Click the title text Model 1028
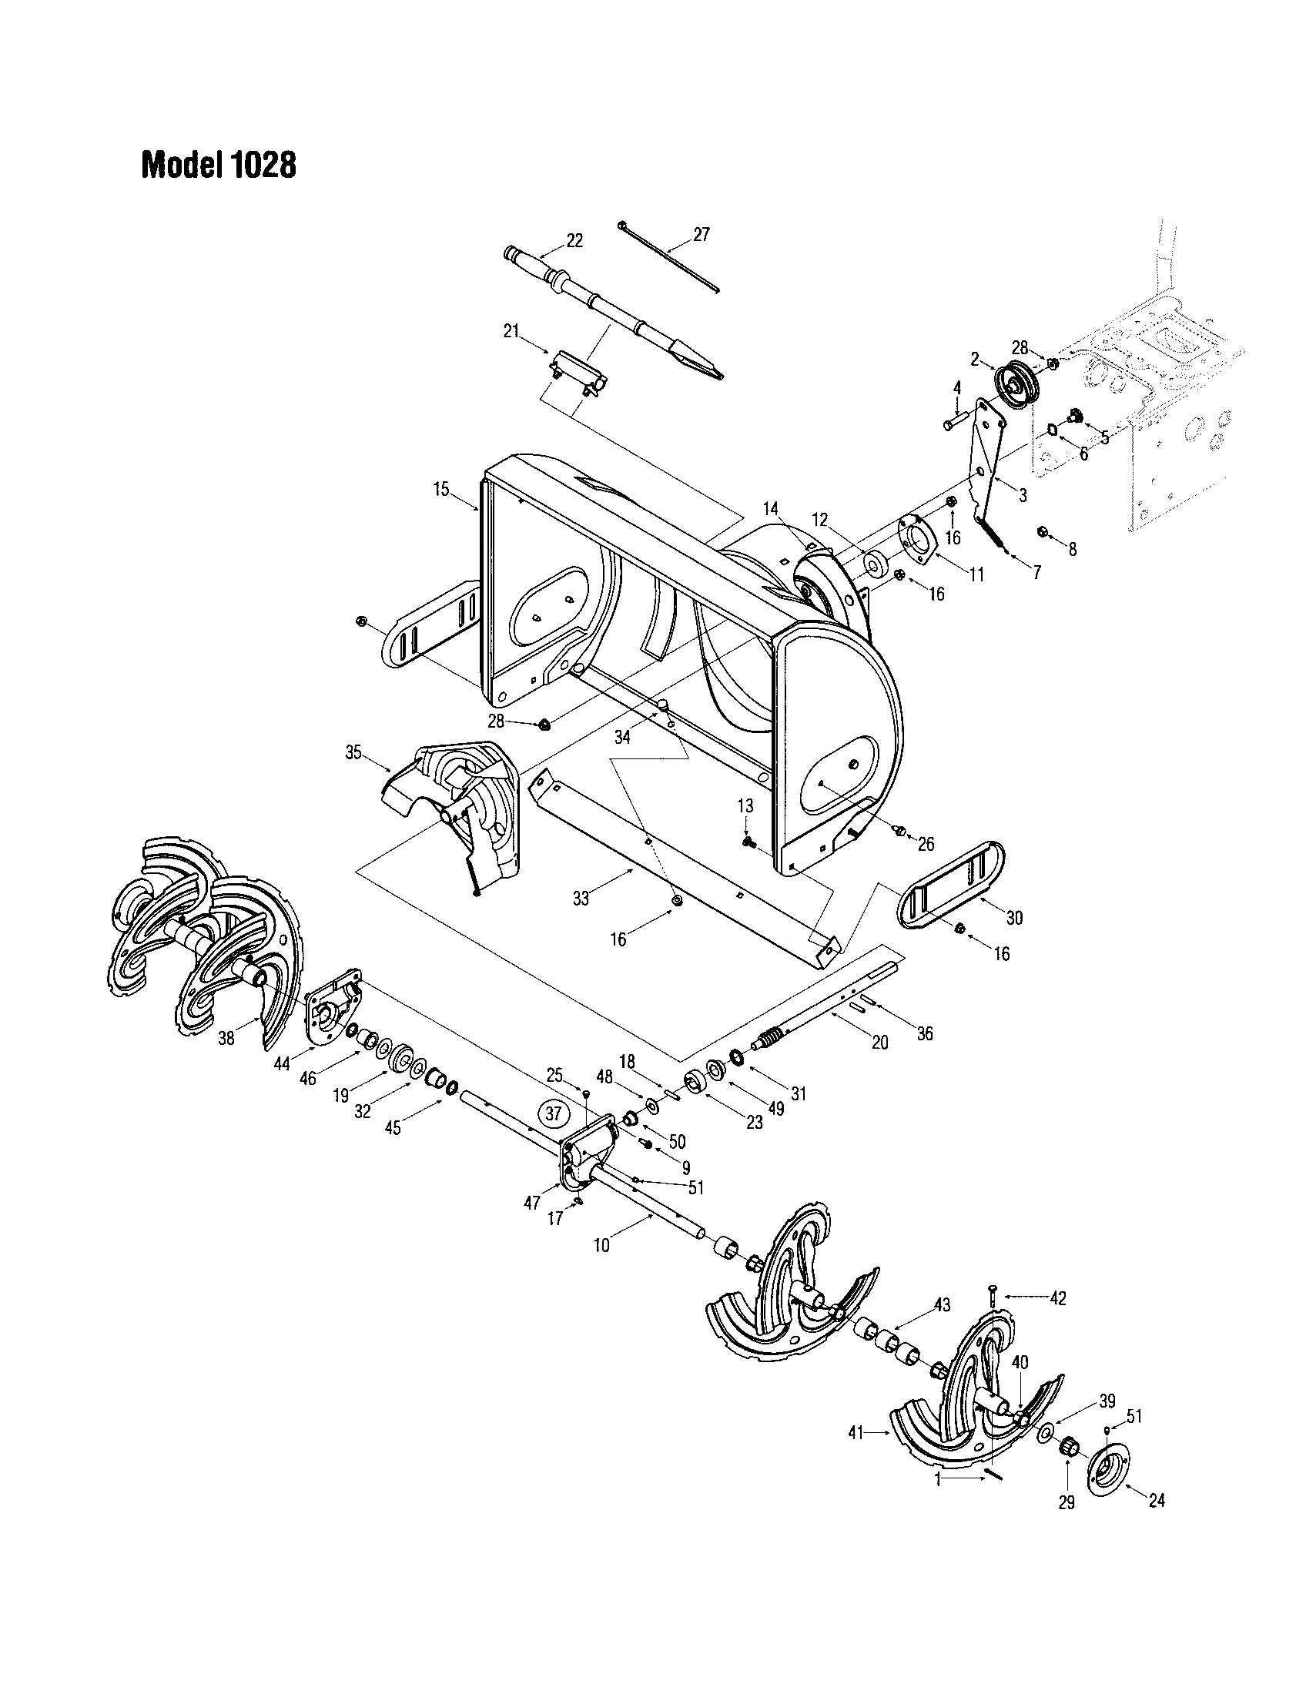[218, 165]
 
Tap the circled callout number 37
[553, 1114]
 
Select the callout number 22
[574, 240]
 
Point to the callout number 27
[701, 234]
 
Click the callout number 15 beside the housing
[440, 490]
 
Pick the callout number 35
[353, 752]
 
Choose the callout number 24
[1157, 1501]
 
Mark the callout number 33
[581, 899]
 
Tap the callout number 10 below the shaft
[602, 1246]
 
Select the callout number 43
[942, 1304]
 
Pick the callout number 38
[226, 1038]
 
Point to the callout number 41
[856, 1434]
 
